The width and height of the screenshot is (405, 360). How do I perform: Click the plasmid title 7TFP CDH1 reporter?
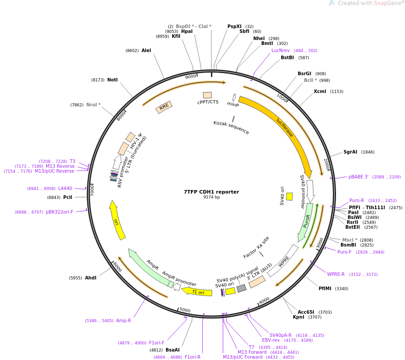(x=211, y=192)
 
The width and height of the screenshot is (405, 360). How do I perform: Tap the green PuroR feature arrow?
(x=306, y=222)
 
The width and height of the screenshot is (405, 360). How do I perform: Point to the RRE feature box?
(x=164, y=107)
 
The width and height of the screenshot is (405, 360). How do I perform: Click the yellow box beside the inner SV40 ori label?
(x=289, y=197)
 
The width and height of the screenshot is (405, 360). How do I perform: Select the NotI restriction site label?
(x=112, y=80)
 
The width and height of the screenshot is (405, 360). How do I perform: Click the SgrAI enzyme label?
(x=350, y=152)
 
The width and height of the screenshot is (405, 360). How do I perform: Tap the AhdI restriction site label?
(x=91, y=278)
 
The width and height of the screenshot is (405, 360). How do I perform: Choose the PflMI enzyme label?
(x=325, y=288)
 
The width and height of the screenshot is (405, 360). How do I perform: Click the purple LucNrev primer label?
(x=280, y=50)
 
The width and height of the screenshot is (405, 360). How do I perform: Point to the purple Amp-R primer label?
(x=123, y=320)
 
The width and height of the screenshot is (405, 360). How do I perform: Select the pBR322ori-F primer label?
(x=59, y=212)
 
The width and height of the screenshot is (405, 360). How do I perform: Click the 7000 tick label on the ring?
(x=92, y=190)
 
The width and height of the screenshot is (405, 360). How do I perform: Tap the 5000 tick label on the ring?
(x=185, y=310)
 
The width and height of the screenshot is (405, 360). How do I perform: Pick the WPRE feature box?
(x=283, y=261)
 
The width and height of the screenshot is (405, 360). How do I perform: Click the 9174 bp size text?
(x=211, y=197)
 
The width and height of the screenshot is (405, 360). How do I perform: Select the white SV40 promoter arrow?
(x=310, y=191)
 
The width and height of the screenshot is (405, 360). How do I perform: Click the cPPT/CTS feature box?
(x=207, y=95)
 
